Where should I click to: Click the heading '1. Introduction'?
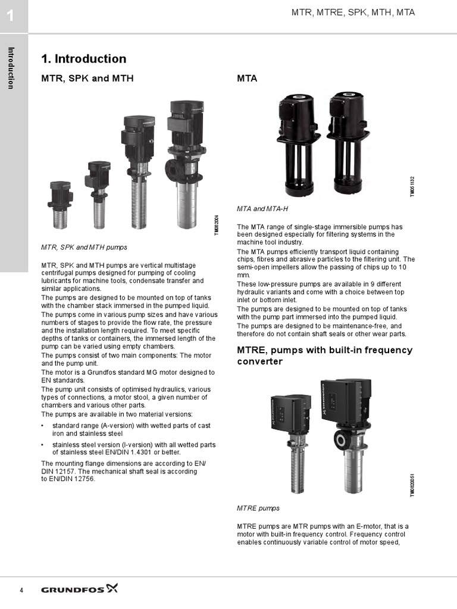pos(83,59)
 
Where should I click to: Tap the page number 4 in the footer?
pos(22,590)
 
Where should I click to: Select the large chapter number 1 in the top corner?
pos(10,16)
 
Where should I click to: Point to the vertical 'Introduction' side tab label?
pos(11,67)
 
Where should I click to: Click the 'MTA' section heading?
pos(247,79)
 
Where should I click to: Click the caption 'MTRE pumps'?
pos(258,508)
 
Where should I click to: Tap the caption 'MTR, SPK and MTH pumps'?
pos(84,247)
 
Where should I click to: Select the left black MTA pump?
pos(298,143)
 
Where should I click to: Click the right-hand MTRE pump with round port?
pos(346,434)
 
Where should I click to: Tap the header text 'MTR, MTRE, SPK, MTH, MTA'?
pos(353,12)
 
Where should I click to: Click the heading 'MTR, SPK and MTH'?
pos(87,79)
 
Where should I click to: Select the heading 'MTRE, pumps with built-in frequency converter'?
pos(324,356)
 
